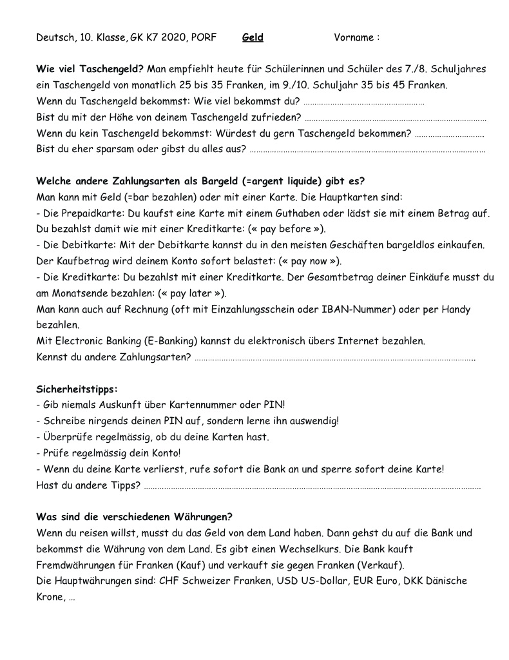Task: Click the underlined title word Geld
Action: point(253,37)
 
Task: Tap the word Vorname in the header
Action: point(354,37)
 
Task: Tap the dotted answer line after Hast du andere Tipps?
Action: point(312,486)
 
